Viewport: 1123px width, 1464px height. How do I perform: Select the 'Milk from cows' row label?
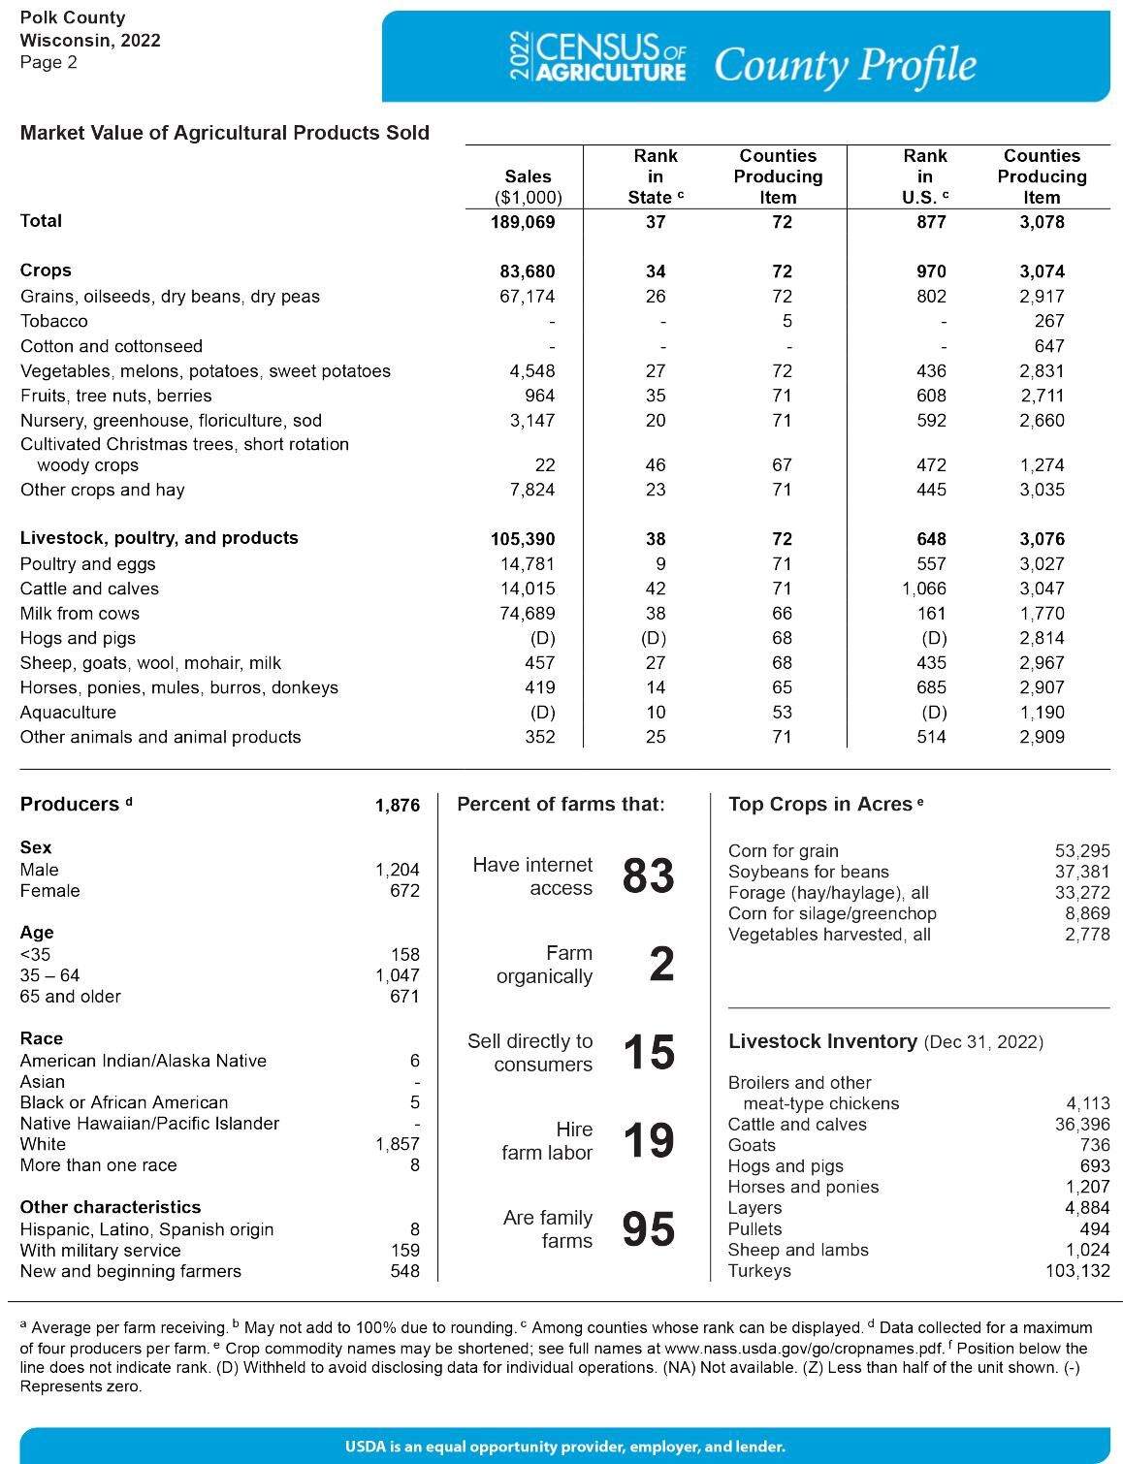[x=80, y=614]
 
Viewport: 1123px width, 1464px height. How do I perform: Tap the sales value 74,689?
[x=528, y=614]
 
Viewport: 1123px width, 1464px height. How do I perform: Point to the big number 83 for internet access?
[x=648, y=875]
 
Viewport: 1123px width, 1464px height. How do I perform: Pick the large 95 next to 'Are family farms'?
[x=648, y=1229]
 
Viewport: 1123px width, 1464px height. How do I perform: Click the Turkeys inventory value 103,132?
[x=1077, y=1271]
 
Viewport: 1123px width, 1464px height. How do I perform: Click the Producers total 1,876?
[x=398, y=806]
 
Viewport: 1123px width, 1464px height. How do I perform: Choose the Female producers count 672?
[x=404, y=891]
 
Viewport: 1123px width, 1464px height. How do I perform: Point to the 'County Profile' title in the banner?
[x=845, y=65]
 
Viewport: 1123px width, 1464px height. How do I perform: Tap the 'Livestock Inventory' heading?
[x=822, y=1041]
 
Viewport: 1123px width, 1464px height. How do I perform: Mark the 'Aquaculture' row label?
[x=68, y=713]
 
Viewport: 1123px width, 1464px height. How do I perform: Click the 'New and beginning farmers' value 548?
[x=404, y=1271]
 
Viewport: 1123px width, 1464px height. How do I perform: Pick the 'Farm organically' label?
[x=544, y=965]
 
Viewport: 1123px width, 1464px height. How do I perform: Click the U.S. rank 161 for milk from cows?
[x=931, y=614]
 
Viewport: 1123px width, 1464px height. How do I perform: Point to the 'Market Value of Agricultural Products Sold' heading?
[x=225, y=133]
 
